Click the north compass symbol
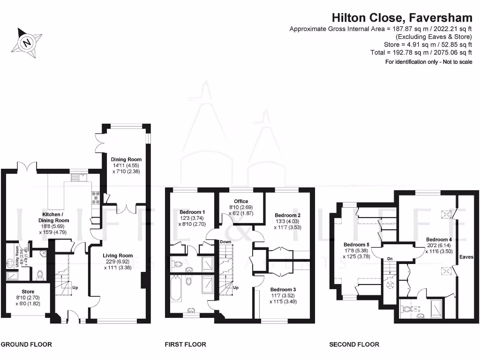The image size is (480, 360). click(28, 43)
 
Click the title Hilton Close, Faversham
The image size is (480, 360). click(402, 17)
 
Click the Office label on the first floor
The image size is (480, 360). click(241, 201)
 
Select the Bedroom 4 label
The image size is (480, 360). click(438, 240)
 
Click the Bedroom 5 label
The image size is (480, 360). click(356, 245)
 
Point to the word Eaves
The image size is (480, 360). click(466, 257)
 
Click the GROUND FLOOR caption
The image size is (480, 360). click(26, 345)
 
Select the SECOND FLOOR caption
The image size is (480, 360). click(354, 345)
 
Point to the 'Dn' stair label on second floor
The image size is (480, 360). click(390, 258)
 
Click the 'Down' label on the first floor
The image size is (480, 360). click(225, 242)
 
